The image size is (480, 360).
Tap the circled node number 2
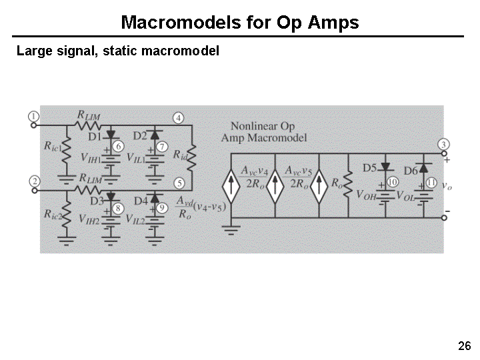[34, 181]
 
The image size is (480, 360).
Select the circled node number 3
[444, 145]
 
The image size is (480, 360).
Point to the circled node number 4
[179, 118]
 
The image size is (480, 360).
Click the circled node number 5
[179, 183]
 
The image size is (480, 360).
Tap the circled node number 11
[431, 182]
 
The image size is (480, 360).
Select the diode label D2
[140, 136]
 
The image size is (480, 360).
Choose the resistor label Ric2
[52, 214]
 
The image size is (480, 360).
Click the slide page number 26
[465, 345]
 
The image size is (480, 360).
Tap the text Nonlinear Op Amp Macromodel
[264, 131]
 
